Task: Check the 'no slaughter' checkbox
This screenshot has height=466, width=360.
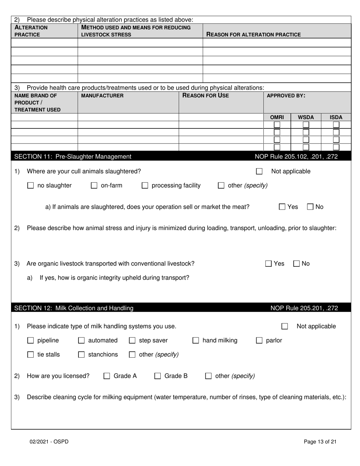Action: [31, 186]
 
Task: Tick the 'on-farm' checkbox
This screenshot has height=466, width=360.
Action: [94, 186]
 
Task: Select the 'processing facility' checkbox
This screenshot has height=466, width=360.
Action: [145, 186]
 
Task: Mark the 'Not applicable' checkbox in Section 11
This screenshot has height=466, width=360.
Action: [259, 172]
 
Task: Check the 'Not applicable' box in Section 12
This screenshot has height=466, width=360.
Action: [285, 326]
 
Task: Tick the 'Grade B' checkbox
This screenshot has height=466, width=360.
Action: [158, 376]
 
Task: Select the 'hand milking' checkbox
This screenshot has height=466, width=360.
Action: [196, 341]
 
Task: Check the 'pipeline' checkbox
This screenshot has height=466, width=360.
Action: [31, 341]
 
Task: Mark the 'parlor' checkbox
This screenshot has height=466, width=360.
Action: [259, 341]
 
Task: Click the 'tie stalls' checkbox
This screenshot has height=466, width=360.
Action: [31, 355]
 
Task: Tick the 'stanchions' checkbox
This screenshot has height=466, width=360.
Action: [81, 355]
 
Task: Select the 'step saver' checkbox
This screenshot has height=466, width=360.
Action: [132, 341]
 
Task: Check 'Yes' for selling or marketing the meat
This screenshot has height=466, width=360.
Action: [282, 207]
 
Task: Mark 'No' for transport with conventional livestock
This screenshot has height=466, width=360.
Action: [297, 264]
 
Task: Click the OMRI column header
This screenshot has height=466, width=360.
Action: [277, 117]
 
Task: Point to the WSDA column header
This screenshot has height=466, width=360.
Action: [306, 117]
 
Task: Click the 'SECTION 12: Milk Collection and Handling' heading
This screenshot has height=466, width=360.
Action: [74, 308]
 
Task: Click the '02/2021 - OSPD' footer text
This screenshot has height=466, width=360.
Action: [49, 441]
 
